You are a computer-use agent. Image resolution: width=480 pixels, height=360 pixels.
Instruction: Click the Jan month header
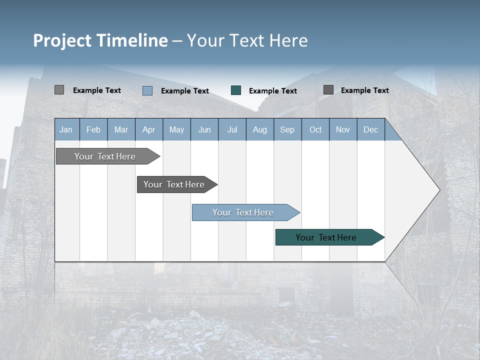click(x=66, y=129)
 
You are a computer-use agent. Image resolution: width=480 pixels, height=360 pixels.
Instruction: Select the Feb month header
click(x=93, y=129)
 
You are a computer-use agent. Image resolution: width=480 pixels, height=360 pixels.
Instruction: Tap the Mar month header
click(x=121, y=129)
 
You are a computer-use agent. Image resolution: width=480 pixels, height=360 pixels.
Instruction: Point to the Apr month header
click(x=149, y=129)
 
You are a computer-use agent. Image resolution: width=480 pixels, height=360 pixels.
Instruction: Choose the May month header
click(x=176, y=129)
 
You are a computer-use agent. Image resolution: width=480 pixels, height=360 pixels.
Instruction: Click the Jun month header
click(x=204, y=129)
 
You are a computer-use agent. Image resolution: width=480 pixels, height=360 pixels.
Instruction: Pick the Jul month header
click(x=232, y=129)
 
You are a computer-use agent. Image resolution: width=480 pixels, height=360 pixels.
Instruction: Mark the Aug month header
click(x=260, y=129)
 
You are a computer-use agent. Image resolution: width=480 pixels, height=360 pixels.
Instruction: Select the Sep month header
click(x=287, y=129)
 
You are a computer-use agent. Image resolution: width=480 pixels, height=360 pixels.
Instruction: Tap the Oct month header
click(x=315, y=129)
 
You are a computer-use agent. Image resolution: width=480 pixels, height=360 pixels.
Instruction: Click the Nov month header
click(x=343, y=129)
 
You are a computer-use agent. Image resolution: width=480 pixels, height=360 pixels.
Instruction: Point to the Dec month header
click(x=371, y=129)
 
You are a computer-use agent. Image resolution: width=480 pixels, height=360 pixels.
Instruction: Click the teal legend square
click(x=236, y=90)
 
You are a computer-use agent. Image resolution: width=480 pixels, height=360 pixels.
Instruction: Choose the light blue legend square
click(x=147, y=90)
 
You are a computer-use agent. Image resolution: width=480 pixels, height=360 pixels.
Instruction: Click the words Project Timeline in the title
click(x=100, y=40)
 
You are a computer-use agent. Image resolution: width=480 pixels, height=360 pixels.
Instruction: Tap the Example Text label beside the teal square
click(x=273, y=91)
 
